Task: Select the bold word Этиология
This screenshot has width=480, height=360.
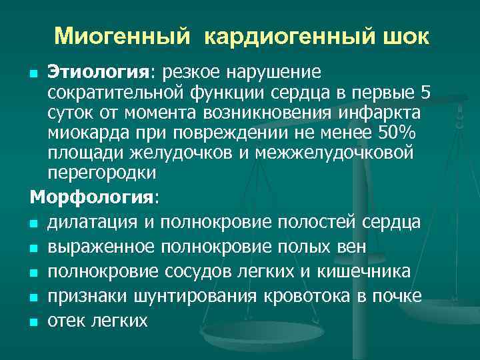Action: coord(89,71)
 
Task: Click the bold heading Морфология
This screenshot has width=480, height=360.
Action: coord(92,198)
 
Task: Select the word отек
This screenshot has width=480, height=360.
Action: coord(65,321)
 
